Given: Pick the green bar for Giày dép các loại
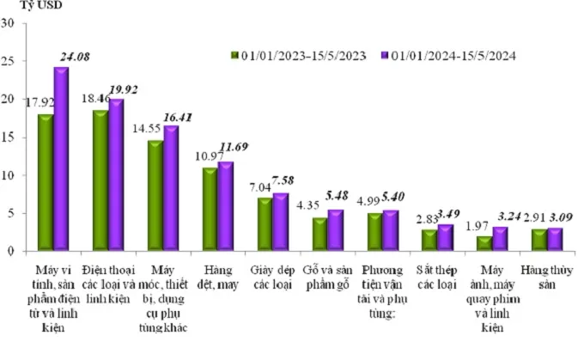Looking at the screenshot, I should coord(265,224).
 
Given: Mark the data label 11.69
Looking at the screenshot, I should coord(232,147).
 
